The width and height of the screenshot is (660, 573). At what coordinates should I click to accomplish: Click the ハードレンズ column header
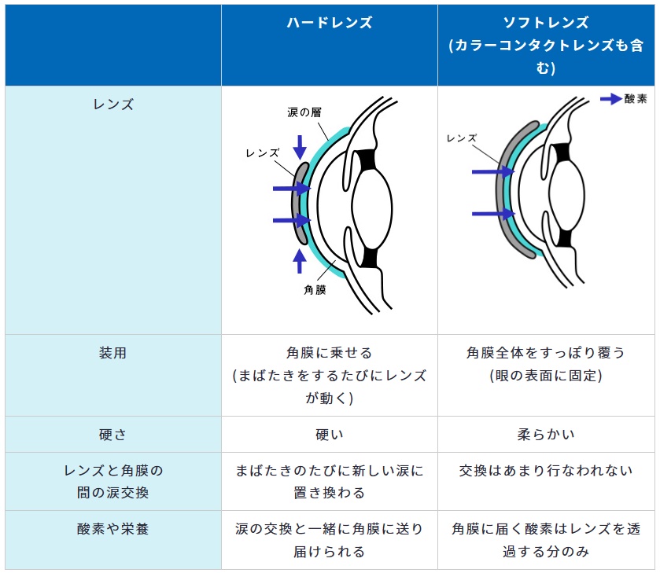(x=329, y=22)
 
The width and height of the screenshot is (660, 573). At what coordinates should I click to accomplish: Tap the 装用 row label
(x=112, y=353)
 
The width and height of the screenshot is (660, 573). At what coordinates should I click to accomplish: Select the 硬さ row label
(x=112, y=434)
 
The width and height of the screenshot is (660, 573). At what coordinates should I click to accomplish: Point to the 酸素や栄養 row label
(x=112, y=529)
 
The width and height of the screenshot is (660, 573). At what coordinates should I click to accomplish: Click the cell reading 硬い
(x=329, y=434)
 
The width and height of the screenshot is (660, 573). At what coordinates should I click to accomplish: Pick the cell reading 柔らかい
(x=546, y=434)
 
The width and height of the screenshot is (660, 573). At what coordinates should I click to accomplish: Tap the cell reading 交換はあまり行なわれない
(x=546, y=470)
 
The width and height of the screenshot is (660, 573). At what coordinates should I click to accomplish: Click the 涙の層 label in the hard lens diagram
(x=304, y=112)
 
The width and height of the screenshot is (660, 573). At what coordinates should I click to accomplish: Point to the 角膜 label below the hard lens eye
(x=315, y=290)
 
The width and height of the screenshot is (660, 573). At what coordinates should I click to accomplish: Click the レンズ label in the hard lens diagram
(x=263, y=153)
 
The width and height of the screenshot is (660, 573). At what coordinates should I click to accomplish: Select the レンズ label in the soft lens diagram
(x=462, y=138)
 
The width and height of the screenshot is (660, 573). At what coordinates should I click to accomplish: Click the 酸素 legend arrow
(x=611, y=99)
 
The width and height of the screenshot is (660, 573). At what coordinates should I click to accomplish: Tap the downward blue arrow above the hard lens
(x=300, y=147)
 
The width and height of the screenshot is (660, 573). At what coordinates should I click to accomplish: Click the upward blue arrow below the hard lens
(x=299, y=261)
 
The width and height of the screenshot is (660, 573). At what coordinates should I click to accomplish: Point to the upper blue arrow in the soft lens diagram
(x=493, y=171)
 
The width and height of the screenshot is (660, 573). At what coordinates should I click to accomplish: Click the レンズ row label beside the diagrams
(x=112, y=105)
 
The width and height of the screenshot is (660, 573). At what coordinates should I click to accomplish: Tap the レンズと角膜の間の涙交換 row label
(x=112, y=481)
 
